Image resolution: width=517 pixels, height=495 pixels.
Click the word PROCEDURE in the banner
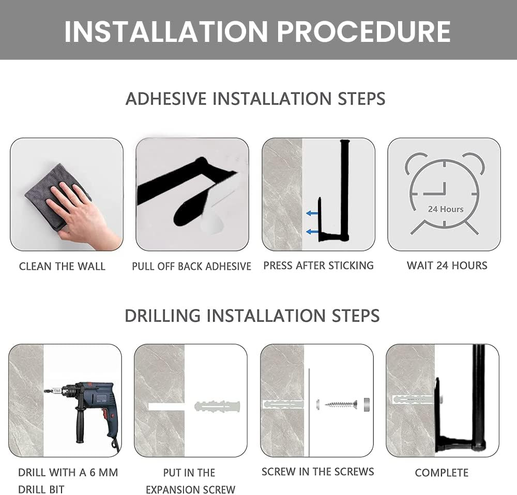tap(363, 32)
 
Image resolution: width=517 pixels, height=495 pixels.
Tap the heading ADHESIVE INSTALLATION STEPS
tap(255, 99)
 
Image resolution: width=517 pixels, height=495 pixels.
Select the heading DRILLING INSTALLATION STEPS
tap(252, 316)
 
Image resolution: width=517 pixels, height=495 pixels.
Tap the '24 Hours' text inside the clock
tap(446, 209)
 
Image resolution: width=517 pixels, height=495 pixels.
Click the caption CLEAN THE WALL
tap(63, 266)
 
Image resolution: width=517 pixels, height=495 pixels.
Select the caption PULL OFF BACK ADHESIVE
tap(192, 266)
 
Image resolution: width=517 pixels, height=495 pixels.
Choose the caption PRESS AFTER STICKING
tap(318, 265)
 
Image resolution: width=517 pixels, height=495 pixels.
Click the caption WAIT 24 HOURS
tap(447, 265)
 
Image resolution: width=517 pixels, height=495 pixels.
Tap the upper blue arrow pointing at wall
tap(312, 214)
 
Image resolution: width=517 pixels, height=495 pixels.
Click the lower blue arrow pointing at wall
tap(312, 232)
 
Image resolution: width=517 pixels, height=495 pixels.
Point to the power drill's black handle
tap(81, 425)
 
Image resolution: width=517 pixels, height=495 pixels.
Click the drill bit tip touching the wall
tap(44, 391)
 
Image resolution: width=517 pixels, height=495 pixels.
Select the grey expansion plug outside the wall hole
tap(217, 406)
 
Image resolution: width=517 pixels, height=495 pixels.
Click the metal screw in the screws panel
tap(341, 403)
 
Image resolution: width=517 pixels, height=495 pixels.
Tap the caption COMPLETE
tap(442, 473)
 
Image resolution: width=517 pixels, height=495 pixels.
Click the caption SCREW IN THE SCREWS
tap(318, 472)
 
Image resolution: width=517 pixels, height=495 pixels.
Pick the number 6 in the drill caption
tap(93, 472)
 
